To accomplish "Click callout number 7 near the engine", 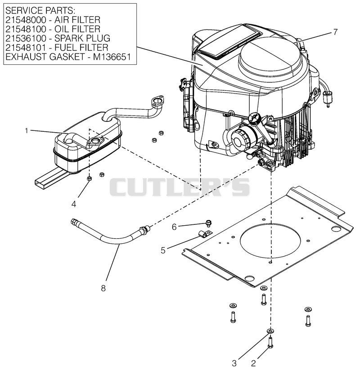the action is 335,32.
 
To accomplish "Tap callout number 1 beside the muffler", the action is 27,131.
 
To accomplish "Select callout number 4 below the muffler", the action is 74,204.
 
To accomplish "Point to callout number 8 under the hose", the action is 103,288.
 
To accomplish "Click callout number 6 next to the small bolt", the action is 174,227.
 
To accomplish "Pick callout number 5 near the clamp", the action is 163,250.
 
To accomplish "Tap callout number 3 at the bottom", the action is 234,363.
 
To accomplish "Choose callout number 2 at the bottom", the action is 253,363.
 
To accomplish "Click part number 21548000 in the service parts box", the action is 26,20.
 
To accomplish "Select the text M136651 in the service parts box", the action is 112,57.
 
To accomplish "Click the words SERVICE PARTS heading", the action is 40,11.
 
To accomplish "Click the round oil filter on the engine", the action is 241,141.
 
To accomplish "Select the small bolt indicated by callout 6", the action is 208,223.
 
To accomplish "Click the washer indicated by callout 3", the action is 270,331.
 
